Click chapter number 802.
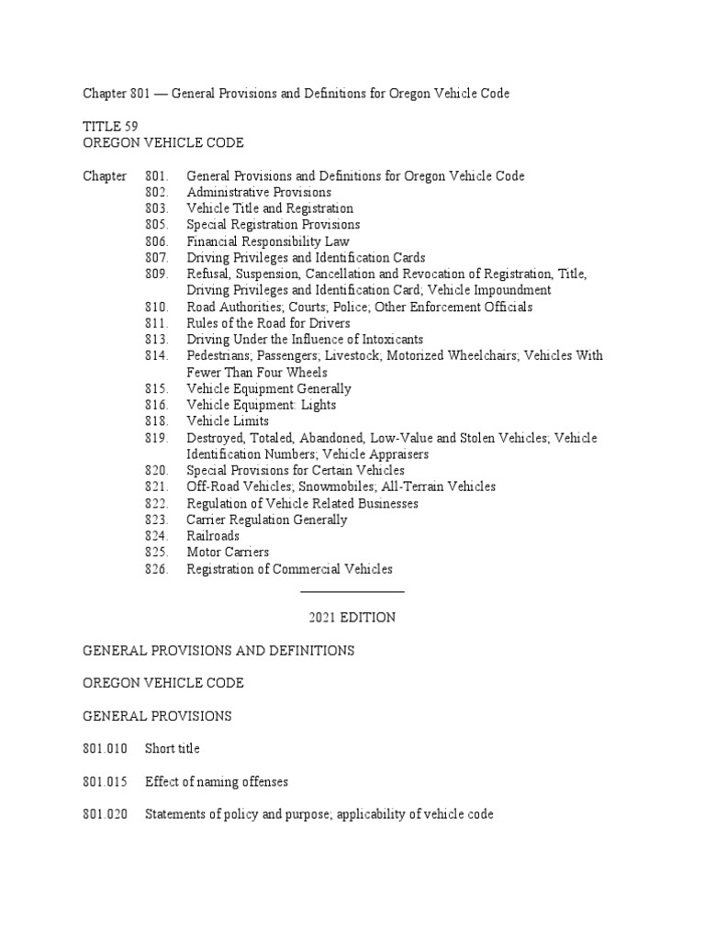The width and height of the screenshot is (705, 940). tap(157, 193)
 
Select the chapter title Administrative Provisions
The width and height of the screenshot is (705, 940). tap(259, 193)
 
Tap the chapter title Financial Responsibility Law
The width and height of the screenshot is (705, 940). tap(268, 241)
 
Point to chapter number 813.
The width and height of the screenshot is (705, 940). tap(157, 340)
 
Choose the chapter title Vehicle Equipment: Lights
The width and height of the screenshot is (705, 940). tap(262, 405)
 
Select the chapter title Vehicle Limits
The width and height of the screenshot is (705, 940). tap(228, 421)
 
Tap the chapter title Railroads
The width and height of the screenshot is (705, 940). tap(213, 536)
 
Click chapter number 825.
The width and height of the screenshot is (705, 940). tap(157, 553)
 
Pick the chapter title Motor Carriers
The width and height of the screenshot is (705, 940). tap(228, 553)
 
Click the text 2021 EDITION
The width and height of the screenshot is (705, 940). tap(352, 618)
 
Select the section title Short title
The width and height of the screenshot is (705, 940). tap(172, 749)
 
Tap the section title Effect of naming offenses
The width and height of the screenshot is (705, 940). tap(217, 782)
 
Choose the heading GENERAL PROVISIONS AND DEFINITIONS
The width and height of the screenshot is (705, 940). tap(218, 651)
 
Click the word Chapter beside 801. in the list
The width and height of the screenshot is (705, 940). tap(105, 176)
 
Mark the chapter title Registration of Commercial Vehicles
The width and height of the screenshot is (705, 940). tap(289, 569)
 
